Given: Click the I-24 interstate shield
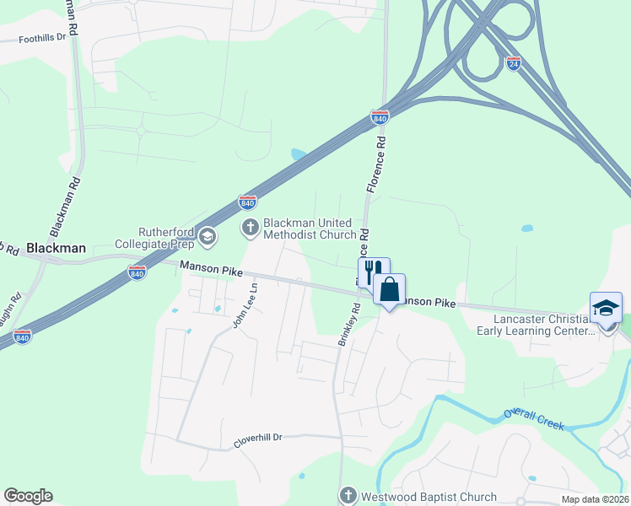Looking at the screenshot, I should tap(514, 63).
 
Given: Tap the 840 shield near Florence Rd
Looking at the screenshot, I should tap(380, 118).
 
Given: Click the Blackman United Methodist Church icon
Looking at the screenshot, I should tap(251, 227).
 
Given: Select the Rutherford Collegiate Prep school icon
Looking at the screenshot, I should tap(208, 239).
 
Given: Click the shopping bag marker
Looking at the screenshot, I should tap(389, 289).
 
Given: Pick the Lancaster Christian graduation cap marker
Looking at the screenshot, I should tap(606, 308).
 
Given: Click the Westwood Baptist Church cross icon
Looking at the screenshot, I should tap(348, 496).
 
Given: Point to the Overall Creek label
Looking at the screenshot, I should tap(533, 419).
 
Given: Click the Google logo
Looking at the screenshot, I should tap(28, 496).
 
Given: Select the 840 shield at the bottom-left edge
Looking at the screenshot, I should tap(23, 336).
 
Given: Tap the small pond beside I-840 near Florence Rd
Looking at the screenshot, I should tap(299, 154).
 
